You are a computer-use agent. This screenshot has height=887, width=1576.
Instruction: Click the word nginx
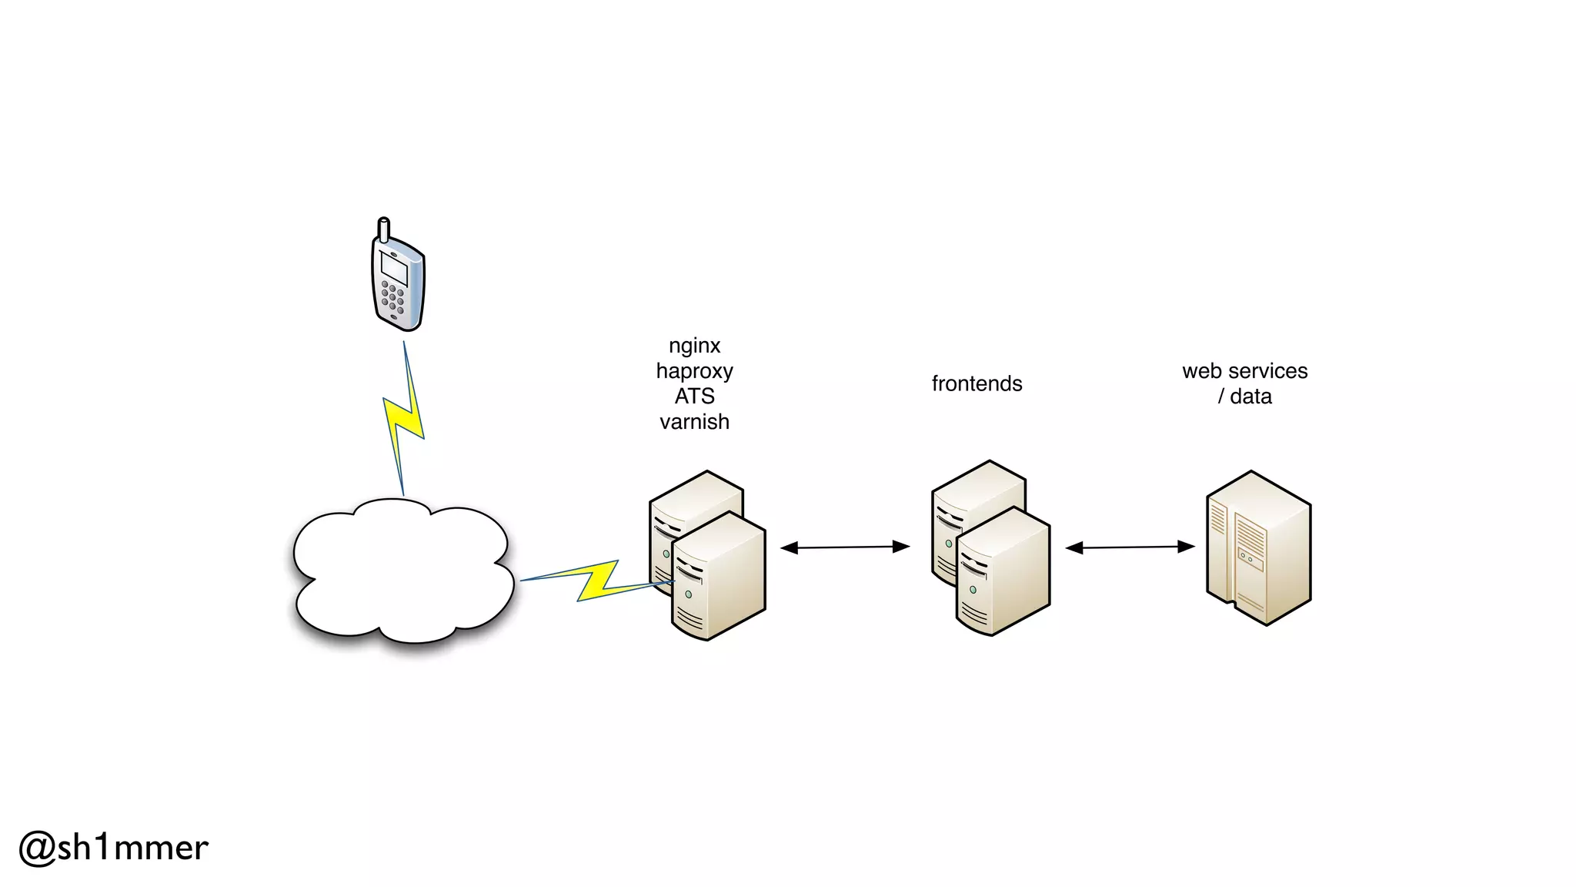694,346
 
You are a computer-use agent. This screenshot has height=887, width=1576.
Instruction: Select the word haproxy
694,371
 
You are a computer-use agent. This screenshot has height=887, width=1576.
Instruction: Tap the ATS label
694,397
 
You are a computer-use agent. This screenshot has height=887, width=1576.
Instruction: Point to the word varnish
694,422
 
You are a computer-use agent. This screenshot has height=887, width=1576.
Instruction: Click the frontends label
977,383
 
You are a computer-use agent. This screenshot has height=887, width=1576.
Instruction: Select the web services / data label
1244,383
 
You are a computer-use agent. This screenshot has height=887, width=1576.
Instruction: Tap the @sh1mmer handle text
114,848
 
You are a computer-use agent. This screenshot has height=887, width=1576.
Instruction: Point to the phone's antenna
383,229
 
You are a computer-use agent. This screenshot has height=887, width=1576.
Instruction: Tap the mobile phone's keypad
392,299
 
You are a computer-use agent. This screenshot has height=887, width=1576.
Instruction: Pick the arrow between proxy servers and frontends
845,547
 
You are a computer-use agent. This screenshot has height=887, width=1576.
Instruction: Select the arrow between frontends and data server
1130,547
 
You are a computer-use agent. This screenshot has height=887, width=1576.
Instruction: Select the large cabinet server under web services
1259,548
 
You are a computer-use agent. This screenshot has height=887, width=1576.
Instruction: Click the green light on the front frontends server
973,590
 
